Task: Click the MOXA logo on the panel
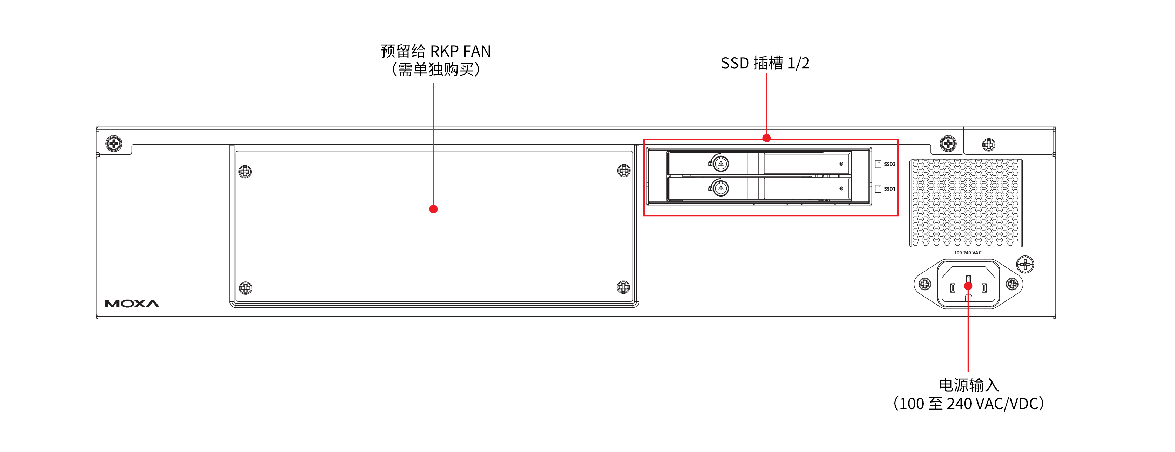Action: (132, 304)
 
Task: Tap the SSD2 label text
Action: (889, 164)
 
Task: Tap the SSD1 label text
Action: (889, 189)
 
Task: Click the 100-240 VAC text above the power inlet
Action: (967, 253)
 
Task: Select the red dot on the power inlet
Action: (968, 286)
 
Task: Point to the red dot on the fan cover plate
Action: (433, 209)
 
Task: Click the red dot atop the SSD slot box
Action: (767, 138)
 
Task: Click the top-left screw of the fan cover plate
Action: (245, 172)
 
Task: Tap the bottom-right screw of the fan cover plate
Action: (623, 287)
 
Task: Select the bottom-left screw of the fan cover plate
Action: (245, 288)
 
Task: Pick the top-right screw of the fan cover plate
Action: (623, 171)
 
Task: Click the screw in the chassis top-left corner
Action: (114, 144)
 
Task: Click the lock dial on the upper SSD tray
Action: (721, 163)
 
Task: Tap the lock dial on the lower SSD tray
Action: (721, 188)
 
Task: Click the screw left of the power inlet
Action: (924, 284)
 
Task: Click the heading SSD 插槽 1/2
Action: (765, 63)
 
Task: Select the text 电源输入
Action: (968, 385)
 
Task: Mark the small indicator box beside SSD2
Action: (877, 164)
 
